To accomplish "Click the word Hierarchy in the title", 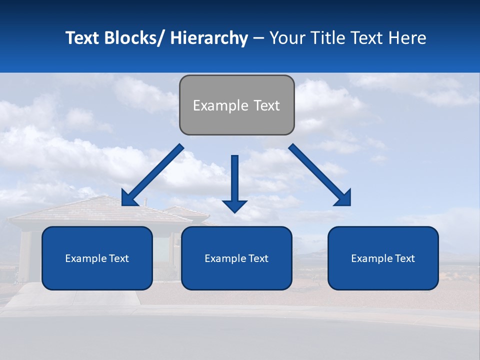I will (209, 38).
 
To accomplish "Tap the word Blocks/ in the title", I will (134, 38).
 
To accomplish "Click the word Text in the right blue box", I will (404, 258).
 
